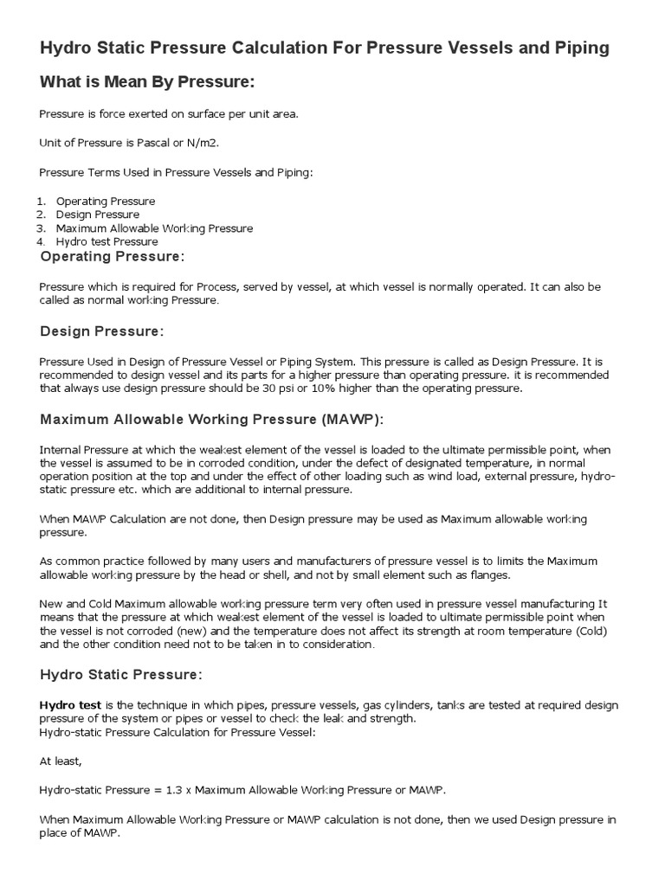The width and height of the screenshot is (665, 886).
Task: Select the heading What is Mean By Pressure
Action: point(147,82)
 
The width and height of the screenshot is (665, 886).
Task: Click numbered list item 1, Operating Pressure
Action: point(106,201)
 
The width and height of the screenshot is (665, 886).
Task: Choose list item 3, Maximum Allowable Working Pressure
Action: point(154,228)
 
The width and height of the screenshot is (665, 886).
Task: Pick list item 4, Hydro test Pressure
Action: point(107,241)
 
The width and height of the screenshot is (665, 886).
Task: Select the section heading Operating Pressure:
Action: point(113,257)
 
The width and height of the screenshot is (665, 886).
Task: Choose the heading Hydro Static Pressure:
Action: point(121,674)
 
